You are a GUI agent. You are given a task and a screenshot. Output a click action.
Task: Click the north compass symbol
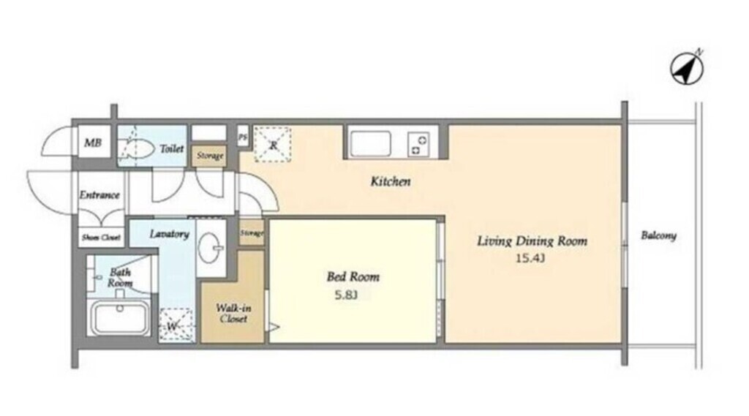pyautogui.click(x=688, y=69)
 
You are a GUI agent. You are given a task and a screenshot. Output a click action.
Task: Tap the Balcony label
pyautogui.click(x=658, y=235)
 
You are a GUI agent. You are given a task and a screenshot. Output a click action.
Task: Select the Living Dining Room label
pyautogui.click(x=532, y=241)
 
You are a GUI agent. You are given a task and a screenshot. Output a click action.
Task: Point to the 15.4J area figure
pyautogui.click(x=530, y=259)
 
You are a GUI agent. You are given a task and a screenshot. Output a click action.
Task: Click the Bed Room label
pyautogui.click(x=353, y=276)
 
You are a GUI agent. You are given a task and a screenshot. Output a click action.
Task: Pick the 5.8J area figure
pyautogui.click(x=346, y=295)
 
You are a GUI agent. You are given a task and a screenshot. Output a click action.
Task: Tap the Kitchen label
pyautogui.click(x=391, y=181)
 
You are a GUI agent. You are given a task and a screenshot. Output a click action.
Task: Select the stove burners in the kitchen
pyautogui.click(x=418, y=145)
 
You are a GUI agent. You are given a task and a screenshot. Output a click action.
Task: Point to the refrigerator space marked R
pyautogui.click(x=272, y=144)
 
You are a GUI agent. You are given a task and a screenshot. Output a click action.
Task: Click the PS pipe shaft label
pyautogui.click(x=243, y=137)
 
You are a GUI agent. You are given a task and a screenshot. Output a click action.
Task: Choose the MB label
pyautogui.click(x=93, y=143)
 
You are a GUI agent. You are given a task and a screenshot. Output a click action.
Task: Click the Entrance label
pyautogui.click(x=99, y=195)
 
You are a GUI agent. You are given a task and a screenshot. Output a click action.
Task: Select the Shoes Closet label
pyautogui.click(x=101, y=238)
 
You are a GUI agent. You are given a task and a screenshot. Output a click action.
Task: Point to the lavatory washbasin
pyautogui.click(x=210, y=247)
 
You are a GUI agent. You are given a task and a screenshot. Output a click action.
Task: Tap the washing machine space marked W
pyautogui.click(x=176, y=325)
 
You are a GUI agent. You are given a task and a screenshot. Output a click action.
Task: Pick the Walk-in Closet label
pyautogui.click(x=233, y=314)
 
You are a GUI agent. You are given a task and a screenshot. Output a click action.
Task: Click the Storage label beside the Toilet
pyautogui.click(x=210, y=156)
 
